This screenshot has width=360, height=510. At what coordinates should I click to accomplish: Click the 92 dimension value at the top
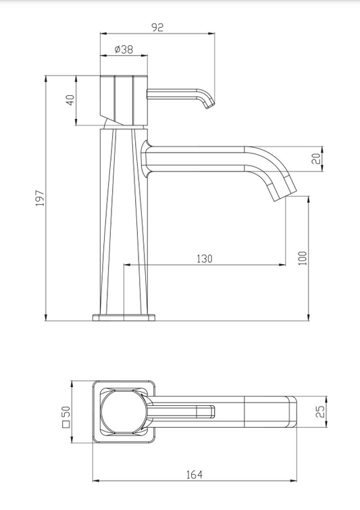pyautogui.click(x=157, y=28)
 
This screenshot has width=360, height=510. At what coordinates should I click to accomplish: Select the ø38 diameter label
pyautogui.click(x=124, y=49)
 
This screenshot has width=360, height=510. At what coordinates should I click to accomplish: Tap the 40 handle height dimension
pyautogui.click(x=70, y=100)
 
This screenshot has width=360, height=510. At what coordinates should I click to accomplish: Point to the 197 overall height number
pyautogui.click(x=40, y=198)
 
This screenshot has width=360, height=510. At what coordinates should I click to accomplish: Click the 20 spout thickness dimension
pyautogui.click(x=317, y=159)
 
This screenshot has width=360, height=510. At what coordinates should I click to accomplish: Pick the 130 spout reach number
pyautogui.click(x=205, y=259)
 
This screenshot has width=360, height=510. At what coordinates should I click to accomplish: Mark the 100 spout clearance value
pyautogui.click(x=303, y=258)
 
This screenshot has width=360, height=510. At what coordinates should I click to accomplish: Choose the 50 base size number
pyautogui.click(x=66, y=411)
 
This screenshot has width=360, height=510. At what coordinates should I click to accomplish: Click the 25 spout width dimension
pyautogui.click(x=320, y=411)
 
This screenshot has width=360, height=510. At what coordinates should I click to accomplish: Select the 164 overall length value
pyautogui.click(x=195, y=475)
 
